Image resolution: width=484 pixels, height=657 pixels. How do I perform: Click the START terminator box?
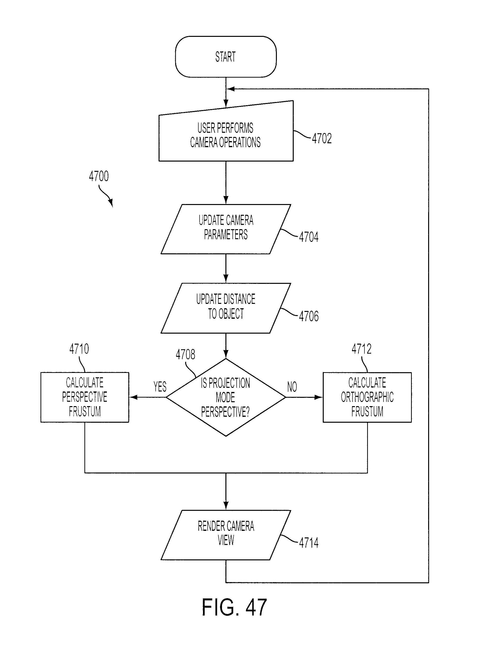pyautogui.click(x=226, y=57)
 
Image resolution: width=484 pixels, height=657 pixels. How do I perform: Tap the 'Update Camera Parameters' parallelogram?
pyautogui.click(x=226, y=229)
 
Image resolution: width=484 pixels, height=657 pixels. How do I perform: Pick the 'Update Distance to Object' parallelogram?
pyautogui.click(x=226, y=308)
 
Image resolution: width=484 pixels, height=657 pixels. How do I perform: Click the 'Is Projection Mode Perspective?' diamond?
pyautogui.click(x=226, y=397)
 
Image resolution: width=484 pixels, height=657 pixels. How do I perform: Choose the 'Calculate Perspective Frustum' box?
pyautogui.click(x=85, y=397)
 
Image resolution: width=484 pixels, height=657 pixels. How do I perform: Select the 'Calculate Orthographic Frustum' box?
pyautogui.click(x=367, y=397)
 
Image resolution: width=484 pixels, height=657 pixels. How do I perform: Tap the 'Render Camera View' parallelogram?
pyautogui.click(x=226, y=535)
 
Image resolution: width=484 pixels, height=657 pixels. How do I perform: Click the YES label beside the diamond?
pyautogui.click(x=160, y=387)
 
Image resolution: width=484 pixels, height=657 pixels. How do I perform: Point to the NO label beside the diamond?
pyautogui.click(x=292, y=387)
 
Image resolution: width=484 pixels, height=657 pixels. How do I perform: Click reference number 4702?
pyautogui.click(x=322, y=139)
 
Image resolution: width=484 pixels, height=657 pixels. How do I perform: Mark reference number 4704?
pyautogui.click(x=309, y=237)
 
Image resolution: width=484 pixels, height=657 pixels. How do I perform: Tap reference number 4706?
pyautogui.click(x=309, y=316)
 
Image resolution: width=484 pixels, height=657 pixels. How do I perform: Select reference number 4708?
pyautogui.click(x=185, y=355)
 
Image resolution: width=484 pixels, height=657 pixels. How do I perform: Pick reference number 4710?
pyautogui.click(x=79, y=349)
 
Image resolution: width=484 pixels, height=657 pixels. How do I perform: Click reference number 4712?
pyautogui.click(x=362, y=349)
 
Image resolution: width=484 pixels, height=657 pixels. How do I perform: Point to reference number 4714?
pyautogui.click(x=309, y=543)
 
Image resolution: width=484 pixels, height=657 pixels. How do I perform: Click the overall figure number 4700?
pyautogui.click(x=99, y=176)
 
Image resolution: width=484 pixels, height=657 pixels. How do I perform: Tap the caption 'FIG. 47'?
pyautogui.click(x=234, y=608)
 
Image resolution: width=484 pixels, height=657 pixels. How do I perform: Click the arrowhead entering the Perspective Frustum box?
pyautogui.click(x=133, y=397)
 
